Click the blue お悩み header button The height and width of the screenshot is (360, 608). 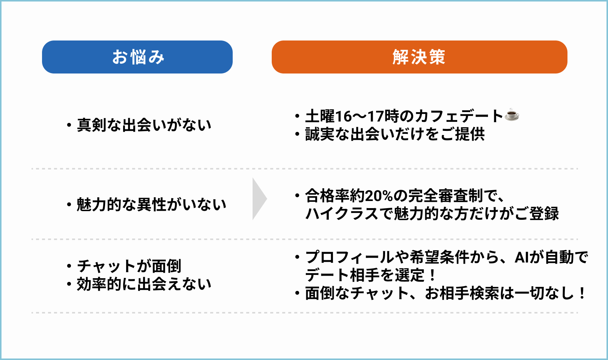[137, 57]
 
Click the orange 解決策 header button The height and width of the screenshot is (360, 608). [419, 57]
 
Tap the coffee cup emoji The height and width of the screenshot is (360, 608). [512, 115]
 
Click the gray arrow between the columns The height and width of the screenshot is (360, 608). [259, 199]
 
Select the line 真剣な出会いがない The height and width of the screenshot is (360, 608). [144, 125]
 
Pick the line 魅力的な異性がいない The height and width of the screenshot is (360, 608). [152, 205]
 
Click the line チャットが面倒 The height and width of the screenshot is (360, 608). [129, 266]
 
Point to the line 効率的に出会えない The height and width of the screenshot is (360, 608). [144, 284]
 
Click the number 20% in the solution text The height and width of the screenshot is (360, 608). [379, 196]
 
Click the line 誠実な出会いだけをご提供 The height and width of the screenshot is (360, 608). [395, 134]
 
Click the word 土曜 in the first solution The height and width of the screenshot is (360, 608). [320, 116]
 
